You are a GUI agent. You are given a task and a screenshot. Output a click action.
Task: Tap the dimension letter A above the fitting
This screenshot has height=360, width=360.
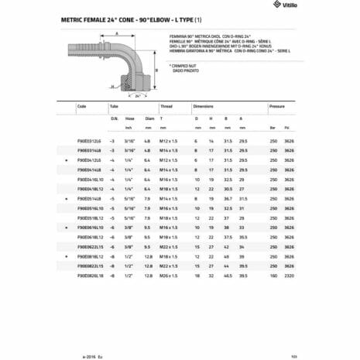[115, 35]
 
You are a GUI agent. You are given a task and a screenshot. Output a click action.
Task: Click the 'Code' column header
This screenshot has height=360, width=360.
[82, 107]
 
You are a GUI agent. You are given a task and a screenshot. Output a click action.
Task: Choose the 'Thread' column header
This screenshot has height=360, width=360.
[163, 107]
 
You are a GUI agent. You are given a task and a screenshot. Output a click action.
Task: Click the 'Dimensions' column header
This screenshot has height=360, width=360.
[204, 107]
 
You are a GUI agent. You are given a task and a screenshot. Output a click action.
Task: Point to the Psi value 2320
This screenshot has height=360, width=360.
[290, 276]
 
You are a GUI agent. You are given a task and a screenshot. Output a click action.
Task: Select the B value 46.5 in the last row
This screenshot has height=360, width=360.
[225, 276]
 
